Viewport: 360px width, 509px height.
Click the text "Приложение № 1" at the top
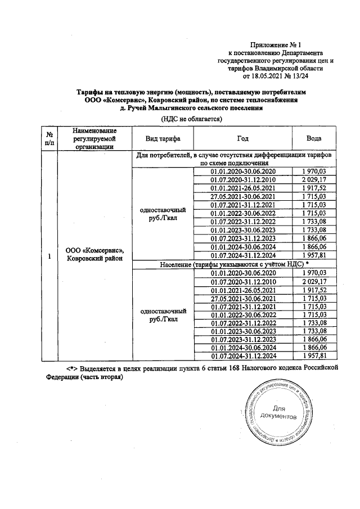pyautogui.click(x=276, y=44)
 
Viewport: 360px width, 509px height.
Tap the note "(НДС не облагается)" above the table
pyautogui.click(x=192, y=119)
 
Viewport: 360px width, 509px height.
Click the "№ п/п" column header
pyautogui.click(x=49, y=138)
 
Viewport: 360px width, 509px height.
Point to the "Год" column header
pyautogui.click(x=242, y=138)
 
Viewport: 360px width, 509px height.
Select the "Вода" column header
pyautogui.click(x=313, y=138)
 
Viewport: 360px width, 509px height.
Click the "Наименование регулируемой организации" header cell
pyautogui.click(x=94, y=138)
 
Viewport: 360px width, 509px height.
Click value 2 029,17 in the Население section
pyautogui.click(x=313, y=281)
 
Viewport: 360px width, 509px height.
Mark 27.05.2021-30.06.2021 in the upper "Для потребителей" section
pyautogui.click(x=242, y=196)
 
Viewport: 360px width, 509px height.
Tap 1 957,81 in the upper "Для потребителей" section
pyautogui.click(x=313, y=255)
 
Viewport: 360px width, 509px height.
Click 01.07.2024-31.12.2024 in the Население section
pyautogui.click(x=242, y=356)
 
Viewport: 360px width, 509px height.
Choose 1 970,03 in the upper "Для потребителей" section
pyautogui.click(x=313, y=171)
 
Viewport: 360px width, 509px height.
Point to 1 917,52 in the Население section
pyautogui.click(x=313, y=290)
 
